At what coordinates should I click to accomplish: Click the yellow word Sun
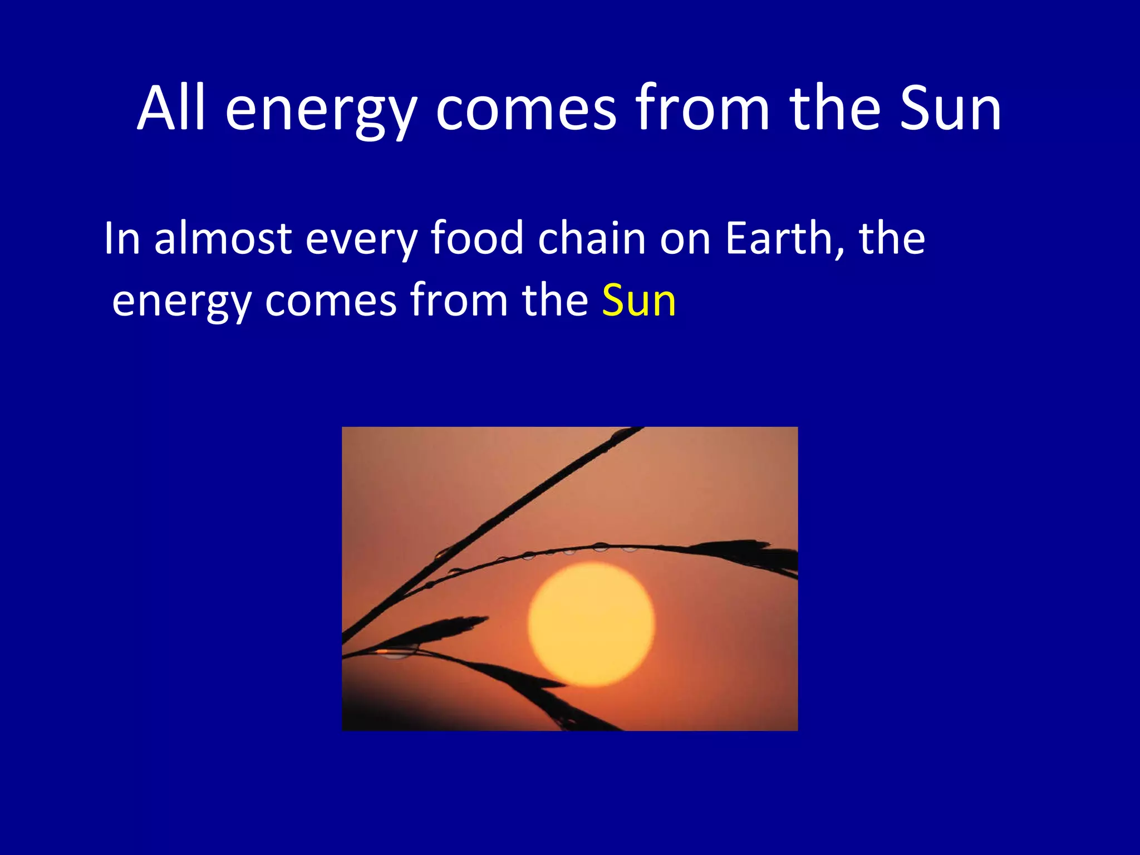[x=638, y=301]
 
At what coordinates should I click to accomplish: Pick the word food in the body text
[x=477, y=238]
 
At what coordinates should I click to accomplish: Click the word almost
[x=223, y=238]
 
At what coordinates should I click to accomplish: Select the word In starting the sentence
[x=121, y=238]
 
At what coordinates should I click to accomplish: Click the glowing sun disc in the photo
[x=591, y=623]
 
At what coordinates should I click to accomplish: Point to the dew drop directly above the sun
[x=600, y=547]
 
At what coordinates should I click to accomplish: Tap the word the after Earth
[x=892, y=238]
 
